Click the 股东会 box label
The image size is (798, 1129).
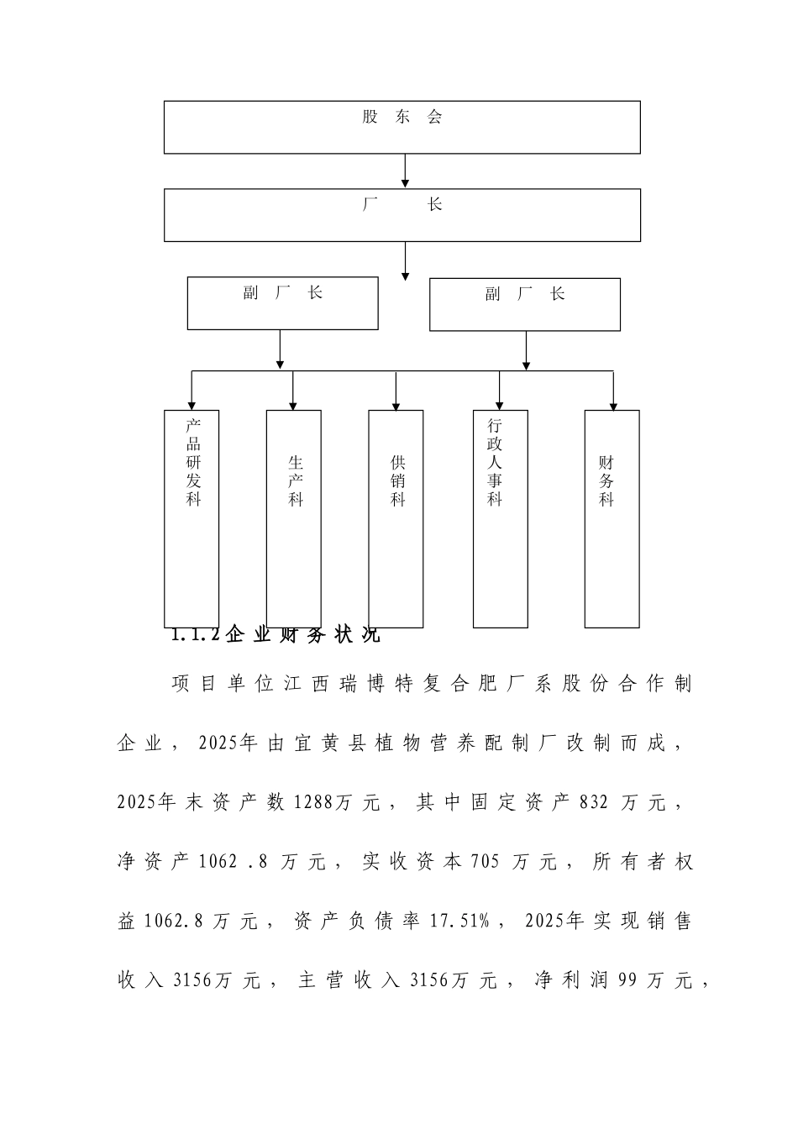tap(402, 118)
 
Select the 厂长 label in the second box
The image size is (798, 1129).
tap(402, 205)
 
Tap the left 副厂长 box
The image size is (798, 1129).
tap(282, 303)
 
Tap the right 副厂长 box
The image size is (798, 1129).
tap(524, 304)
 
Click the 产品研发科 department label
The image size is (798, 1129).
tap(194, 462)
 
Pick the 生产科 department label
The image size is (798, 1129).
tap(296, 480)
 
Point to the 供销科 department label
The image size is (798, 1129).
tap(397, 480)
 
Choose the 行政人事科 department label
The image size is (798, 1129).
tap(496, 462)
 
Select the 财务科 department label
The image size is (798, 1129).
tap(606, 480)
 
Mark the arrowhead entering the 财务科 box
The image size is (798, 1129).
tap(613, 405)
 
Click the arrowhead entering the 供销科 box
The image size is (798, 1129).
tap(396, 405)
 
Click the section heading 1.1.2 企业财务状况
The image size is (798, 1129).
tap(276, 634)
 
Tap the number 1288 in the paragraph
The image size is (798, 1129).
tap(312, 803)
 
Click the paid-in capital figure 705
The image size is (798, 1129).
tap(486, 862)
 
